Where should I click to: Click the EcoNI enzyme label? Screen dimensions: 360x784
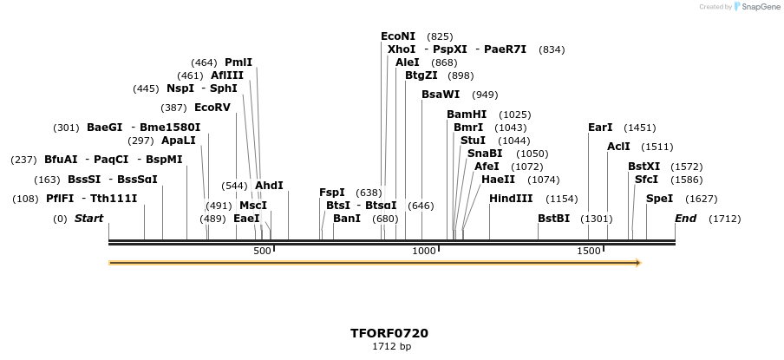coord(398,36)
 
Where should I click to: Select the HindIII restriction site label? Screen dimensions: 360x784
coord(511,199)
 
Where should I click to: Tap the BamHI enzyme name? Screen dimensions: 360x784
coord(467,115)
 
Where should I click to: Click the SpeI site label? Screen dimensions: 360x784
coord(659,199)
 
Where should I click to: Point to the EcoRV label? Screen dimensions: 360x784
coord(212,108)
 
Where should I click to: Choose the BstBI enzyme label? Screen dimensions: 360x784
coord(553,219)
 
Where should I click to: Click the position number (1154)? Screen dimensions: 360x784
coord(561,199)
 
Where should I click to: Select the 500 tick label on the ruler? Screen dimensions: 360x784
coord(262,251)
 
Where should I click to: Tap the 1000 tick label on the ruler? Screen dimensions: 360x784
coord(424,251)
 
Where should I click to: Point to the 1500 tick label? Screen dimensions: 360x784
coord(589,251)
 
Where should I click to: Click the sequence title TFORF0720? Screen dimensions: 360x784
coord(389,333)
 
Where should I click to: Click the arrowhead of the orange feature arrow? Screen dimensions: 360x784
coord(637,262)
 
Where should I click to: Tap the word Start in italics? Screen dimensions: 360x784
coord(88,219)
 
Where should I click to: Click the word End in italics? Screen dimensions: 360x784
coord(685,219)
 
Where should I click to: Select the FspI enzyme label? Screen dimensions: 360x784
coord(331,193)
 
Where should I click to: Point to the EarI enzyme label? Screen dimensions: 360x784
coord(600,128)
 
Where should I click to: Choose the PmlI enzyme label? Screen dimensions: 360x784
coord(238,62)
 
